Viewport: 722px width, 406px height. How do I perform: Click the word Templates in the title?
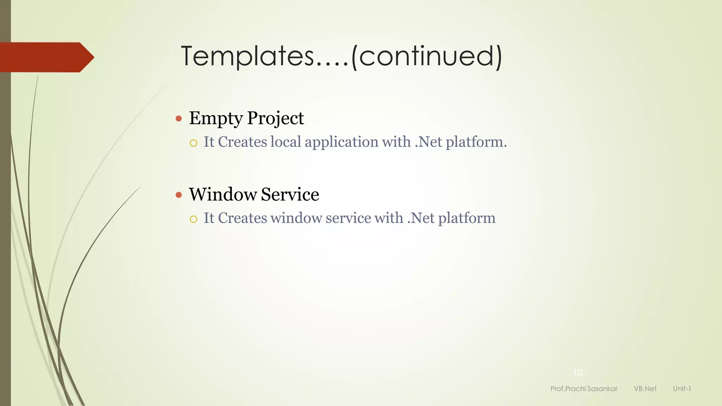[x=247, y=56]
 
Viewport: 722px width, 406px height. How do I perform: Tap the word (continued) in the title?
[x=427, y=56]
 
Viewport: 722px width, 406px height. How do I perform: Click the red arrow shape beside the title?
[x=46, y=57]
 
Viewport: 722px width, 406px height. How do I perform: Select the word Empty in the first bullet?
[x=215, y=118]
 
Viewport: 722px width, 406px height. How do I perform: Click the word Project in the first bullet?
[x=275, y=118]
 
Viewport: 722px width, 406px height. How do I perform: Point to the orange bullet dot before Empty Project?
[x=179, y=118]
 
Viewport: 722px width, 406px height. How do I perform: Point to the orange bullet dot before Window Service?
[x=179, y=195]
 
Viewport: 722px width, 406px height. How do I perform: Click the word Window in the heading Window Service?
[x=223, y=195]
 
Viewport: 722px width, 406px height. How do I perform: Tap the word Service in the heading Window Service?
[x=290, y=195]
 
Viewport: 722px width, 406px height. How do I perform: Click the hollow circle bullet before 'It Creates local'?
[x=193, y=143]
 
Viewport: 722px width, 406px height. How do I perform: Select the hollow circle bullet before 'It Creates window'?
[x=193, y=219]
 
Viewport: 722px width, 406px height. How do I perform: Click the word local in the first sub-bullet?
[x=286, y=142]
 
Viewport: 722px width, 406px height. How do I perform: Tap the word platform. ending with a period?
[x=476, y=142]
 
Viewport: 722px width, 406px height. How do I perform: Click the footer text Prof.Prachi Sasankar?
[x=584, y=389]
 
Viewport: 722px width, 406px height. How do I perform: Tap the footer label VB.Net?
[x=645, y=389]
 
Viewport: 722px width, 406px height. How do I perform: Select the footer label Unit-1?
[x=682, y=389]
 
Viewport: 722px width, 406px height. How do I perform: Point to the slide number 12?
[x=578, y=372]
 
